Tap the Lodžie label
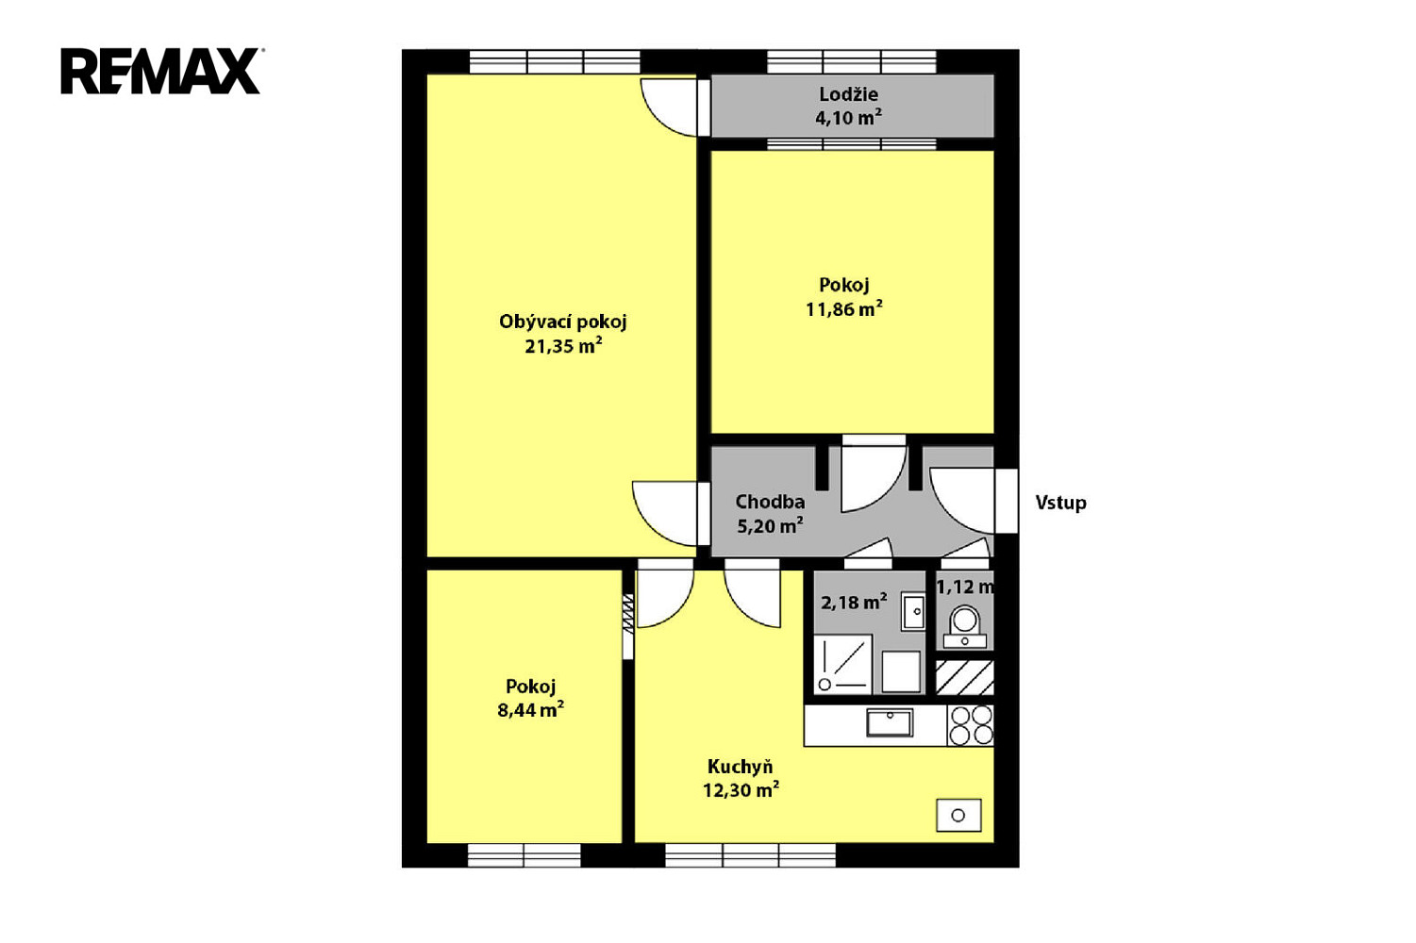click(848, 94)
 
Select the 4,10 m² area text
click(848, 118)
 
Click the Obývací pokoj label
click(562, 323)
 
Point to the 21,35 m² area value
click(562, 346)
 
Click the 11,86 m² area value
click(844, 308)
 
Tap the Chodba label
click(770, 502)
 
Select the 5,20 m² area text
click(770, 525)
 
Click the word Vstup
click(1060, 504)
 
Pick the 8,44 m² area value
click(530, 710)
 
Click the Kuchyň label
click(741, 767)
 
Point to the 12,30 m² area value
click(741, 790)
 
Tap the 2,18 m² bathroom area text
click(854, 602)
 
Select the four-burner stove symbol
click(971, 725)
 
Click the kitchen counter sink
click(890, 723)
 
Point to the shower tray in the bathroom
click(842, 665)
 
